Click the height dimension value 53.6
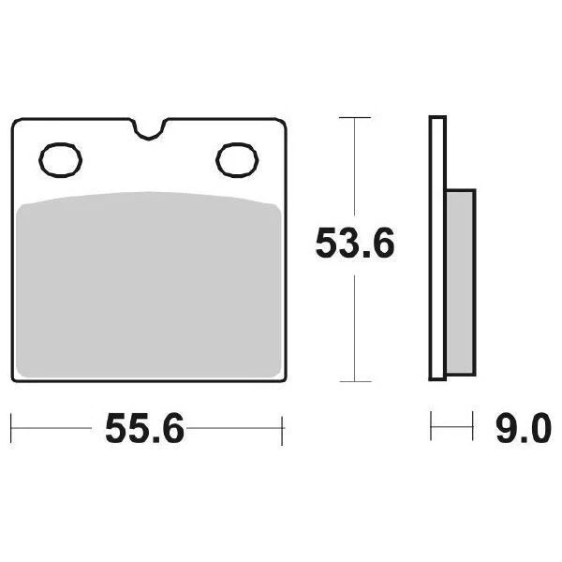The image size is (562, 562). [x=354, y=245]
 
